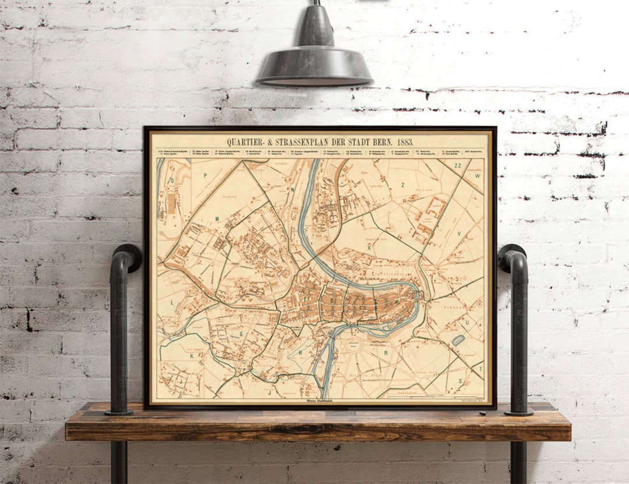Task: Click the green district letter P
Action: click(x=206, y=174)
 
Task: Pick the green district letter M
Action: click(x=217, y=218)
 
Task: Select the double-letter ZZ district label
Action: click(x=457, y=165)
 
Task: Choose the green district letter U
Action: click(x=467, y=320)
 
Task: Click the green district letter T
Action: click(x=480, y=368)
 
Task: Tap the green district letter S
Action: click(x=460, y=380)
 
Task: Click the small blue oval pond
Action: click(x=458, y=340)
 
